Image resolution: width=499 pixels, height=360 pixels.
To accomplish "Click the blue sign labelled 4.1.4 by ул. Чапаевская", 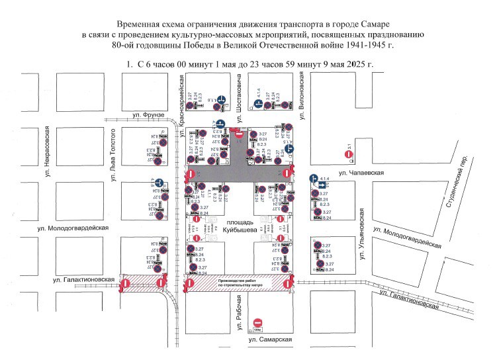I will tap(314, 179).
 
